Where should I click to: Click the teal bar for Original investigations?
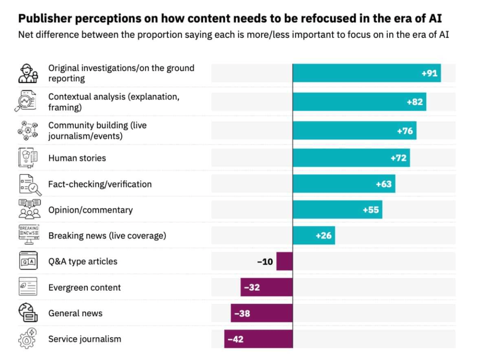point(366,73)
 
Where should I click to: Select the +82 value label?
point(415,102)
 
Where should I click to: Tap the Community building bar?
point(354,131)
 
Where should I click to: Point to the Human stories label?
point(77,158)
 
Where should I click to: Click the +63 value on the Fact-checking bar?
point(384,184)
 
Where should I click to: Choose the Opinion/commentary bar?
point(337,210)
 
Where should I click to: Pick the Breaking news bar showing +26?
point(313,236)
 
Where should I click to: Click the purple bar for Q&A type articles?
point(284,262)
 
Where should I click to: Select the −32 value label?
point(252,288)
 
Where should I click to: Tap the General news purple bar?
point(261,314)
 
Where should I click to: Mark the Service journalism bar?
point(258,339)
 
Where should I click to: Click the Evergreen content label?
point(84,288)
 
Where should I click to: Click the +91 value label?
point(429,73)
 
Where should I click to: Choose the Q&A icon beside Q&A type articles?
point(28,261)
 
